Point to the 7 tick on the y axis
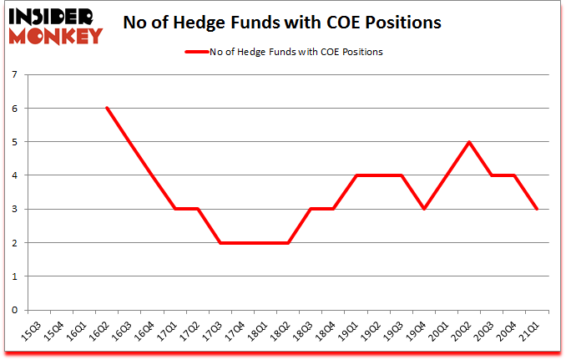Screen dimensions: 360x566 (16, 75)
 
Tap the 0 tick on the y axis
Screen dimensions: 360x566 (16, 310)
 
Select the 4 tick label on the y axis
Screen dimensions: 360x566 (16, 175)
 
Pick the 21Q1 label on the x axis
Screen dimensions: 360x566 (538, 328)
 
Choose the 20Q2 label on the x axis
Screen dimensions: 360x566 (469, 328)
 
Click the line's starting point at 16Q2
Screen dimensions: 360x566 (107, 108)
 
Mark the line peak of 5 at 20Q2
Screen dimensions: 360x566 (469, 142)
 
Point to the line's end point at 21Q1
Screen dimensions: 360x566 (538, 209)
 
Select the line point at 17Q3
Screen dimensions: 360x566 (220, 242)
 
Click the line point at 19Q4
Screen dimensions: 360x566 (424, 209)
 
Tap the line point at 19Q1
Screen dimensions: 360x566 (356, 175)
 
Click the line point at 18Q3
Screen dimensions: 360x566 (311, 209)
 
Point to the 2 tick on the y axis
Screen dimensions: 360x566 (16, 243)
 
